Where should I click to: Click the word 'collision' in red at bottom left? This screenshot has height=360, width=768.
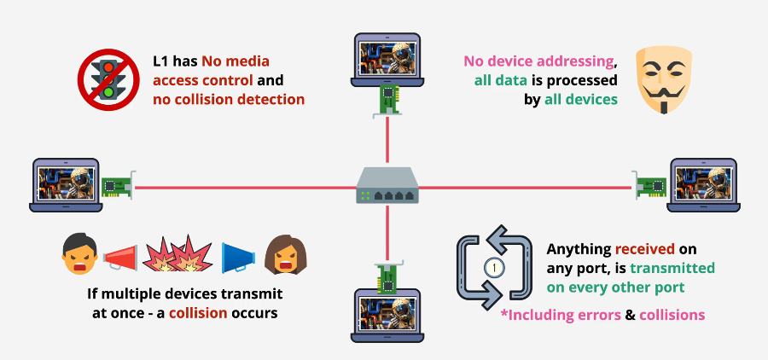click(x=198, y=312)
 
